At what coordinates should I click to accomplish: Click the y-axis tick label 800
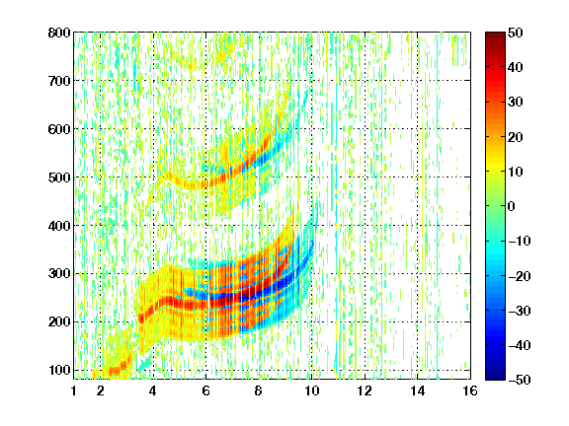(x=59, y=33)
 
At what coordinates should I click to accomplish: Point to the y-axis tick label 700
(x=59, y=81)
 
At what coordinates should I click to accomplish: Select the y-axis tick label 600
(x=59, y=129)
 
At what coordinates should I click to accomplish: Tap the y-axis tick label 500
(x=59, y=177)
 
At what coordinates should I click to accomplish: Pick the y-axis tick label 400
(x=59, y=226)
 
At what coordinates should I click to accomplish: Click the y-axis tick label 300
(x=59, y=273)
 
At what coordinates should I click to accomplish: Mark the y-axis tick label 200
(x=59, y=321)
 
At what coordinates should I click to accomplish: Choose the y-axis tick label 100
(x=59, y=370)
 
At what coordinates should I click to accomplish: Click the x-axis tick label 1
(x=74, y=390)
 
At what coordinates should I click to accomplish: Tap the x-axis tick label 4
(x=153, y=390)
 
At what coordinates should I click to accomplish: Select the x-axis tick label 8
(x=259, y=390)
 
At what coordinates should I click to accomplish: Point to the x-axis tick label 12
(x=365, y=390)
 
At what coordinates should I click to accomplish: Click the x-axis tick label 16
(x=470, y=390)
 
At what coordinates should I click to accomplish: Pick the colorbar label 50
(x=516, y=33)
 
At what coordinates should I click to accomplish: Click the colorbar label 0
(x=512, y=206)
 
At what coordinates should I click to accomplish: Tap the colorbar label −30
(x=520, y=311)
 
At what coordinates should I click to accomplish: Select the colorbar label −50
(x=520, y=380)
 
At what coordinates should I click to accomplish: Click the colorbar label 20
(x=516, y=137)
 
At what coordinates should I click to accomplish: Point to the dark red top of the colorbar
(x=495, y=36)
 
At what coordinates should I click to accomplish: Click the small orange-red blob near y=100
(x=117, y=369)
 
